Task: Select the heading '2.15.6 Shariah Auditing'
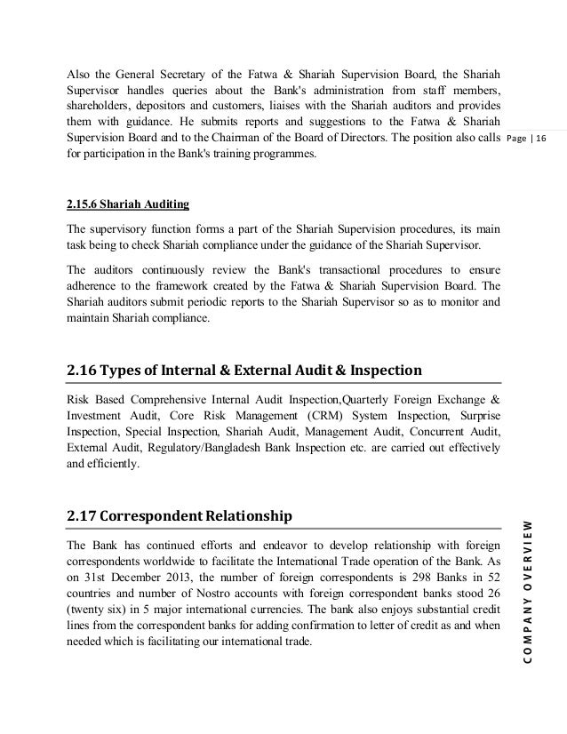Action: (x=127, y=204)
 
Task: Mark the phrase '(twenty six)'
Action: (x=95, y=610)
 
